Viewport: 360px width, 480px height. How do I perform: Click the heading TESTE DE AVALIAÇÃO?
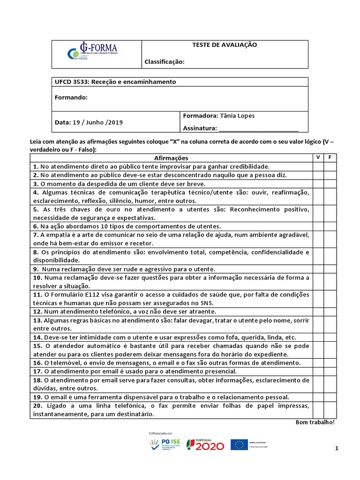point(225,45)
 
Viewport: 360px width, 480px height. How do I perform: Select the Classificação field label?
point(165,61)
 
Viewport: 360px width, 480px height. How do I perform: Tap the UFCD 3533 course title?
point(116,82)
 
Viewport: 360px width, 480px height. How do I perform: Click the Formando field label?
point(71,97)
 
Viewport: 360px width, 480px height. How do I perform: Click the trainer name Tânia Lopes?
point(236,116)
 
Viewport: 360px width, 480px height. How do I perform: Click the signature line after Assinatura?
point(258,129)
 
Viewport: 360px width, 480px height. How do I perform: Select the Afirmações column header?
point(171,158)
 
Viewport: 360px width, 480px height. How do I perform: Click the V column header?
point(318,157)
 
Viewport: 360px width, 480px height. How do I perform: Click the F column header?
point(330,157)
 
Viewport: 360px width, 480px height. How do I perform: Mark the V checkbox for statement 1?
point(318,166)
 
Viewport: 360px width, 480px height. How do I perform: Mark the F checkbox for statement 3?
point(330,184)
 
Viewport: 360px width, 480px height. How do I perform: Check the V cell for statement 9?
point(318,269)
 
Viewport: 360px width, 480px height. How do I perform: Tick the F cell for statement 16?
point(330,362)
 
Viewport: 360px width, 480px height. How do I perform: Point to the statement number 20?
point(37,405)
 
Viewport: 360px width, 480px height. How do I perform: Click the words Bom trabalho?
point(315,422)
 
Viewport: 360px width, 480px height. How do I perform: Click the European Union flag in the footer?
point(240,444)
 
